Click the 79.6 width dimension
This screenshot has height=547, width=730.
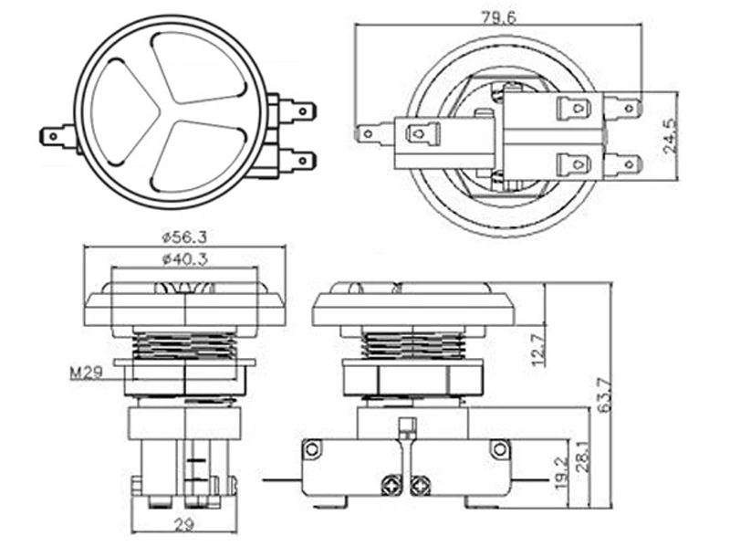point(498,17)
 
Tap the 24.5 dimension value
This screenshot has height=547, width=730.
point(671,136)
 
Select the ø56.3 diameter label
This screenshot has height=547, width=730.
point(184,237)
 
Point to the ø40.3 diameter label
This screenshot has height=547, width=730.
point(185,259)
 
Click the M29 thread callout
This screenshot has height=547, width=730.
point(86,373)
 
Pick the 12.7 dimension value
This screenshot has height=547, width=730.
point(538,350)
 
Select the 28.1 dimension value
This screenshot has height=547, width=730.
point(583,458)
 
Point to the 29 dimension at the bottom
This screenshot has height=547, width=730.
point(184,525)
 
